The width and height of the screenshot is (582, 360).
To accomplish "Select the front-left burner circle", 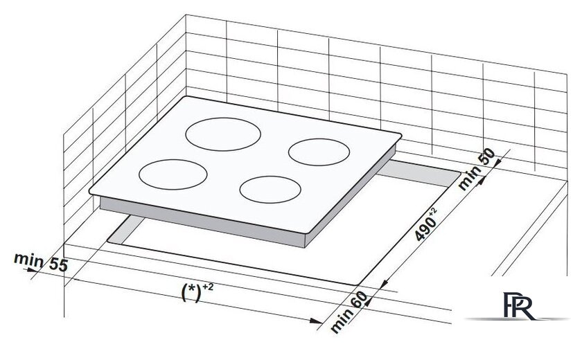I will [x=173, y=173].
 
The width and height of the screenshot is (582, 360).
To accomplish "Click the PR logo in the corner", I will [x=519, y=305].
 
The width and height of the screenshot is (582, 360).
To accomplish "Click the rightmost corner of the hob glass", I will [x=400, y=135].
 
